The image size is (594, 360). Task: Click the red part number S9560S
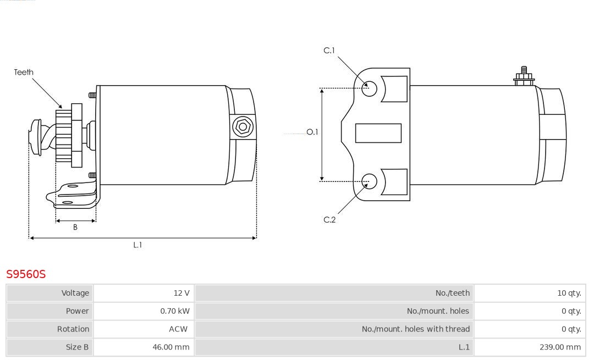pyautogui.click(x=26, y=274)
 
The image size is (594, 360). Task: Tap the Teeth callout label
pyautogui.click(x=24, y=72)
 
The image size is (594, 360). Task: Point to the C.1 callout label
pyautogui.click(x=329, y=51)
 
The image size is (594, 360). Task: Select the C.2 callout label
pyautogui.click(x=329, y=219)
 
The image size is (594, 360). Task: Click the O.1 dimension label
pyautogui.click(x=312, y=132)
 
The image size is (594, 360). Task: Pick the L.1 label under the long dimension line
pyautogui.click(x=137, y=245)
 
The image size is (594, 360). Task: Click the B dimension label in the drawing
pyautogui.click(x=75, y=227)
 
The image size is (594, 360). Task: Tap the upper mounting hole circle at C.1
pyautogui.click(x=369, y=88)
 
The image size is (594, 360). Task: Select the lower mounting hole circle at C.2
pyautogui.click(x=369, y=181)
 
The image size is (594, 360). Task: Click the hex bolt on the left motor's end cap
pyautogui.click(x=243, y=127)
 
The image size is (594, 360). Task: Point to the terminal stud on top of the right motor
pyautogui.click(x=524, y=76)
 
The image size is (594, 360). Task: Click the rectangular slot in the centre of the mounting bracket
pyautogui.click(x=378, y=133)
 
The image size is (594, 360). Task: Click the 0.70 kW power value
pyautogui.click(x=175, y=311)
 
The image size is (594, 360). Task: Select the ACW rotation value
pyautogui.click(x=178, y=329)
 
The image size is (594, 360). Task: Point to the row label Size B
pyautogui.click(x=78, y=347)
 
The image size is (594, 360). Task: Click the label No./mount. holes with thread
pyautogui.click(x=416, y=329)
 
